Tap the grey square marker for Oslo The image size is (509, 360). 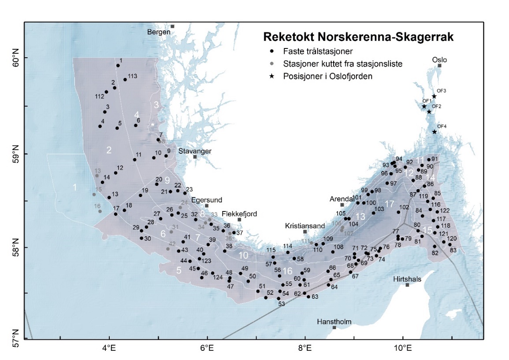click(x=439, y=66)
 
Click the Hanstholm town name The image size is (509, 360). click(x=334, y=322)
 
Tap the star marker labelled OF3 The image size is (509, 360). click(x=434, y=96)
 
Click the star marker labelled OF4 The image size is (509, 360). click(x=434, y=132)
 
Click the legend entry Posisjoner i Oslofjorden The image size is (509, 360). click(x=327, y=76)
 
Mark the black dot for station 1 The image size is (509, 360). click(x=118, y=66)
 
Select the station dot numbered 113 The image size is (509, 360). click(x=125, y=79)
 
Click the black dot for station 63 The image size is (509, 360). click(x=308, y=297)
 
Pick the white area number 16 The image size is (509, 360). click(x=288, y=271)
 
